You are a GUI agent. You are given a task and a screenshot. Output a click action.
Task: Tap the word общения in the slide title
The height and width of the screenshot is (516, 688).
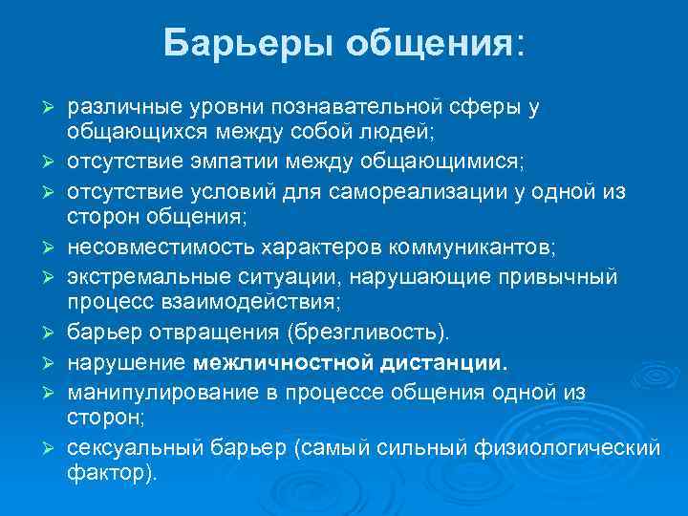[x=433, y=43]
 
